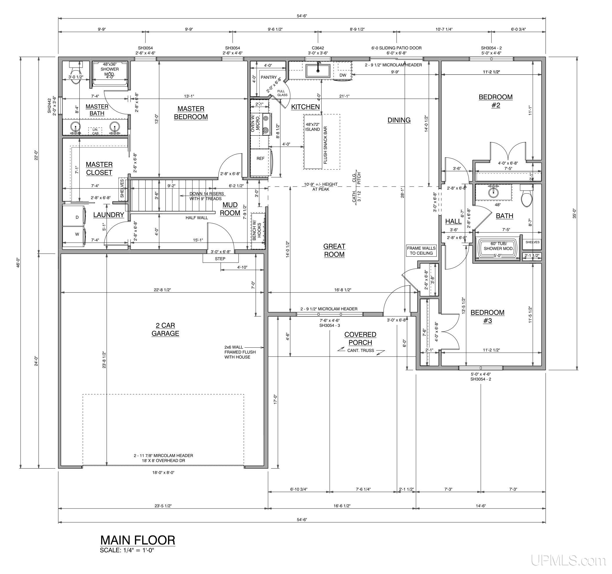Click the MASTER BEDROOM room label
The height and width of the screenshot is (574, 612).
[191, 113]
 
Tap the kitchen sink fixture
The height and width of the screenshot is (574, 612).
[318, 71]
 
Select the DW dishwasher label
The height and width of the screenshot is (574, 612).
[343, 75]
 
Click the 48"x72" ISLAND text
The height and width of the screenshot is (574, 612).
[313, 127]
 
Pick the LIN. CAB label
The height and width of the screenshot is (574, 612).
[95, 132]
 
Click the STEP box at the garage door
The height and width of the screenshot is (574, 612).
[220, 258]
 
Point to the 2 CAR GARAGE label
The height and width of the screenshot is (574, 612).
[165, 329]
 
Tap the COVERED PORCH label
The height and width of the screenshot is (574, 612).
[360, 338]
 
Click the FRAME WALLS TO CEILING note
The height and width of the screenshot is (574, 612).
[421, 250]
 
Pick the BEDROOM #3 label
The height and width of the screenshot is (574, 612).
[487, 317]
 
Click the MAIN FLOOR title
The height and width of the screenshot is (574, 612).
[138, 540]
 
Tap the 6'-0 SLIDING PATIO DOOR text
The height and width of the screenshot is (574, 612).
[397, 48]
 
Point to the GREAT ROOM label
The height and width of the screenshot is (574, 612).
[334, 250]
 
